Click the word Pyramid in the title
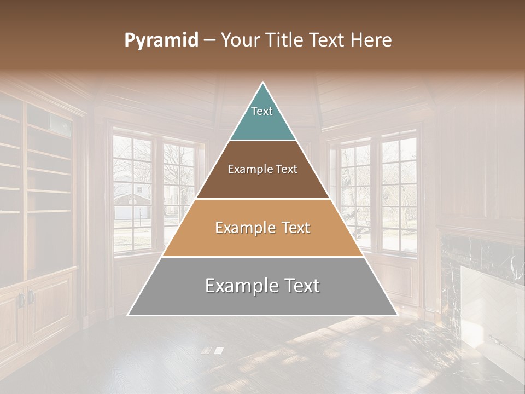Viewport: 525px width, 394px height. [161, 40]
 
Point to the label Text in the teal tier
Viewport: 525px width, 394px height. [262, 111]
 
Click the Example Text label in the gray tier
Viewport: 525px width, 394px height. [262, 286]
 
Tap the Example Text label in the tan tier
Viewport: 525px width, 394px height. [262, 228]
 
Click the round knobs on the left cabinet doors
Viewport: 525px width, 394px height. [25, 298]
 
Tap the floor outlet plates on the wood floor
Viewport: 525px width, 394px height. [212, 350]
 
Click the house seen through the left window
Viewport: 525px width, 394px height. [131, 200]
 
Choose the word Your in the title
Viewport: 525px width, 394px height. [239, 40]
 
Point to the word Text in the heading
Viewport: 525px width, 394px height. [329, 40]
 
